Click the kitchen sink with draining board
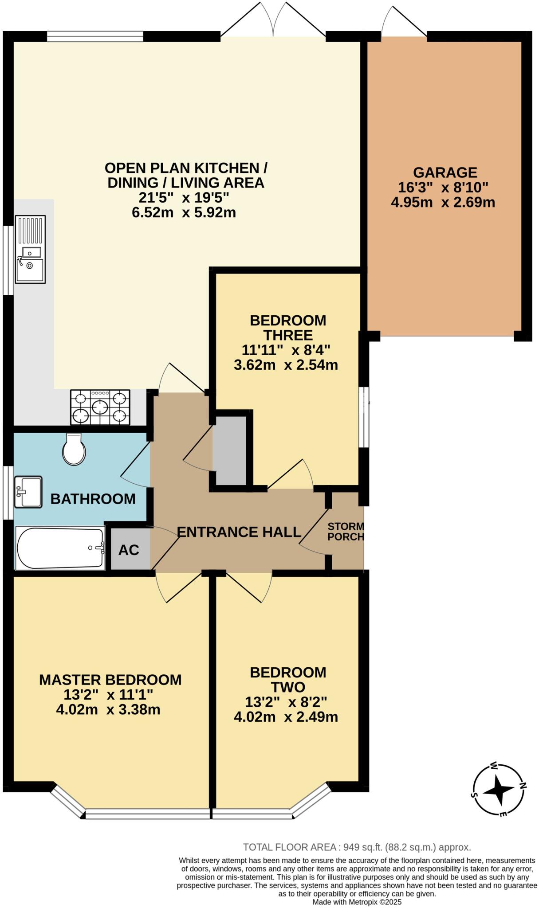[x=30, y=249]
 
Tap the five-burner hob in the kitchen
[x=100, y=407]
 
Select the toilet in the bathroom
[x=74, y=449]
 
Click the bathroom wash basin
[x=28, y=492]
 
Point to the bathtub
[x=60, y=548]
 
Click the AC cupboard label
[x=129, y=550]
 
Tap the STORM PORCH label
[x=346, y=532]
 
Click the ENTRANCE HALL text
[x=239, y=532]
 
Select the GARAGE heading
[x=445, y=172]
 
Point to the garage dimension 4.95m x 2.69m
[x=443, y=203]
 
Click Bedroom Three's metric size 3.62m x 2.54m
[x=286, y=365]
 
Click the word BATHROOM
[x=93, y=499]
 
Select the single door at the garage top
[x=403, y=22]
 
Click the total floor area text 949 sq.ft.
[x=357, y=847]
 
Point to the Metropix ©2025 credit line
[x=357, y=902]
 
